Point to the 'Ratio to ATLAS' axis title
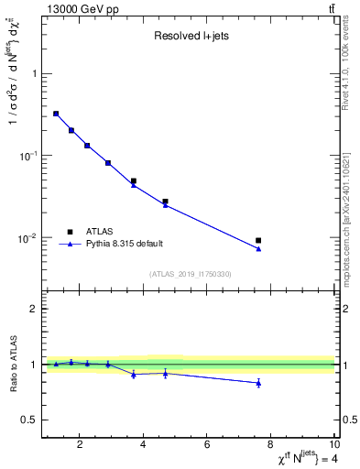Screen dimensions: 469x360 [x=12, y=365]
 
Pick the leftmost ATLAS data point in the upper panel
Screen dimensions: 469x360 [x=56, y=114]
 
